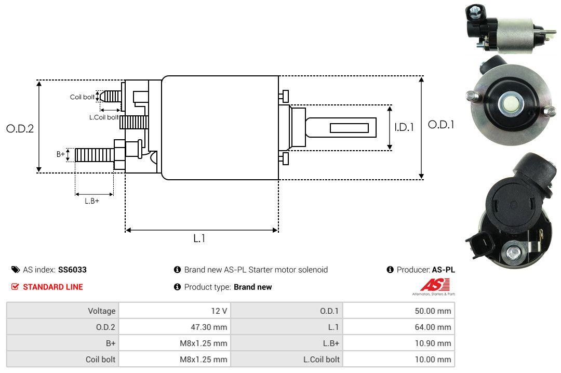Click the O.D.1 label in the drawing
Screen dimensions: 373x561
pyautogui.click(x=441, y=125)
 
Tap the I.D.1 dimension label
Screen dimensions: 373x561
pyautogui.click(x=404, y=127)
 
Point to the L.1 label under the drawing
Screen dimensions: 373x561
pyautogui.click(x=199, y=238)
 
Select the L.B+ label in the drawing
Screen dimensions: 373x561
pyautogui.click(x=92, y=201)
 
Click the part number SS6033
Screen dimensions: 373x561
pyautogui.click(x=72, y=270)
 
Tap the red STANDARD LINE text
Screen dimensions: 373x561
pyautogui.click(x=52, y=287)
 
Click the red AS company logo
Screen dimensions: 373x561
pyautogui.click(x=431, y=285)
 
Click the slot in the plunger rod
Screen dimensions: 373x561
pyautogui.click(x=349, y=128)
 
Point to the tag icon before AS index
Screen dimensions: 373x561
pyautogui.click(x=15, y=270)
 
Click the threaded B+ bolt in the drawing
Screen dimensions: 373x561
pyautogui.click(x=94, y=154)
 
